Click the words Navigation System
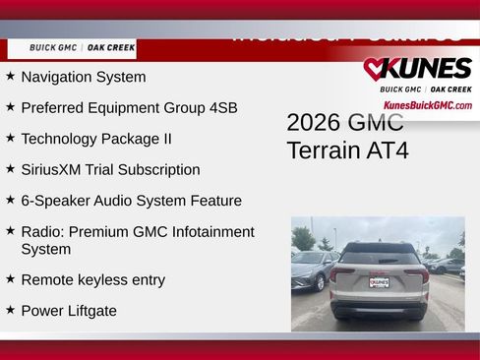click(x=83, y=77)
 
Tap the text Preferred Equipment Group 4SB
click(x=128, y=107)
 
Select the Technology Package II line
click(x=95, y=139)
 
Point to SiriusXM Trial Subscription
click(x=110, y=169)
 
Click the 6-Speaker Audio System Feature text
click(x=131, y=201)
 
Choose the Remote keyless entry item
click(x=92, y=280)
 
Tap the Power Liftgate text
click(x=69, y=311)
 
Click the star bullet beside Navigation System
click(x=10, y=76)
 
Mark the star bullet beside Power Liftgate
click(x=10, y=310)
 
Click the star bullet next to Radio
click(x=10, y=231)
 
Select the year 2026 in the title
click(x=314, y=122)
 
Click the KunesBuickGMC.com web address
click(x=427, y=105)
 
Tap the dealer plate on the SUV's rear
click(x=379, y=281)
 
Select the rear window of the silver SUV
click(x=379, y=255)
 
